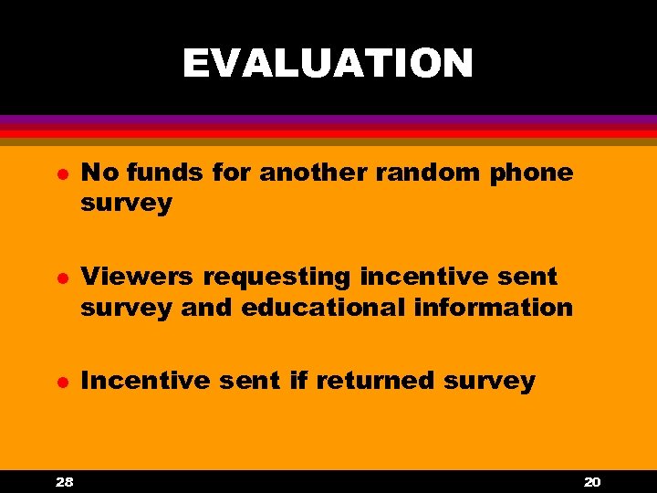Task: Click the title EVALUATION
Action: tap(328, 64)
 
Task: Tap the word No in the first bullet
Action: tap(99, 172)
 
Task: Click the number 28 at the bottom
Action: tap(64, 481)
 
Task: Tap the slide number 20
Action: tap(591, 481)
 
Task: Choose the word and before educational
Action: tap(207, 307)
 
